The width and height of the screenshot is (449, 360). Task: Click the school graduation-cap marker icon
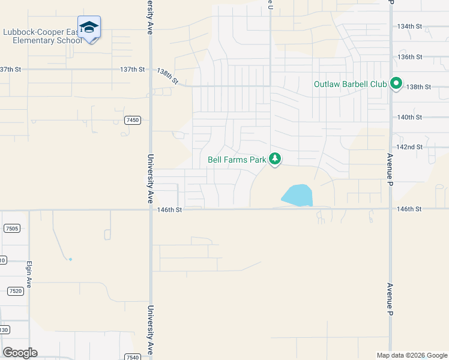pyautogui.click(x=89, y=28)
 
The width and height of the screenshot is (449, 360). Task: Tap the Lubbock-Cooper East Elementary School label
pyautogui.click(x=42, y=36)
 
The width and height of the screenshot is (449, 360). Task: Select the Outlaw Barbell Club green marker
pyautogui.click(x=396, y=84)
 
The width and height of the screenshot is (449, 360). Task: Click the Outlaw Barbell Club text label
pyautogui.click(x=350, y=84)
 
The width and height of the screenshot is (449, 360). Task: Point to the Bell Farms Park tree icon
pyautogui.click(x=275, y=159)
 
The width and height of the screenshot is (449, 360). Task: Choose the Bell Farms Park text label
pyautogui.click(x=237, y=160)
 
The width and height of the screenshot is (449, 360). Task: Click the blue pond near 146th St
pyautogui.click(x=297, y=195)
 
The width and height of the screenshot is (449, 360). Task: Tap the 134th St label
pyautogui.click(x=410, y=26)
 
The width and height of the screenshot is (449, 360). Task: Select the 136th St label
pyautogui.click(x=410, y=57)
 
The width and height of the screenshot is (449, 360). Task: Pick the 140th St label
pyautogui.click(x=410, y=117)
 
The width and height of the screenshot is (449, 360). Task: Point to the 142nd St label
pyautogui.click(x=410, y=147)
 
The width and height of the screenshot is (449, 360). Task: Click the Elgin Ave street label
pyautogui.click(x=28, y=275)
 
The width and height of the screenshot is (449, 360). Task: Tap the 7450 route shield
pyautogui.click(x=133, y=121)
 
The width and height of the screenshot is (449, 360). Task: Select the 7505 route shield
pyautogui.click(x=11, y=229)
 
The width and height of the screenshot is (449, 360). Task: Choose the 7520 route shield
pyautogui.click(x=16, y=291)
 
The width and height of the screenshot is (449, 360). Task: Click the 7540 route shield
pyautogui.click(x=133, y=357)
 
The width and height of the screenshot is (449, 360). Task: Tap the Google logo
pyautogui.click(x=20, y=353)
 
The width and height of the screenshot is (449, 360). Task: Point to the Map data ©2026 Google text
pyautogui.click(x=411, y=355)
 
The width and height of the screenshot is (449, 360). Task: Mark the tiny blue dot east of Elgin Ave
pyautogui.click(x=70, y=259)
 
